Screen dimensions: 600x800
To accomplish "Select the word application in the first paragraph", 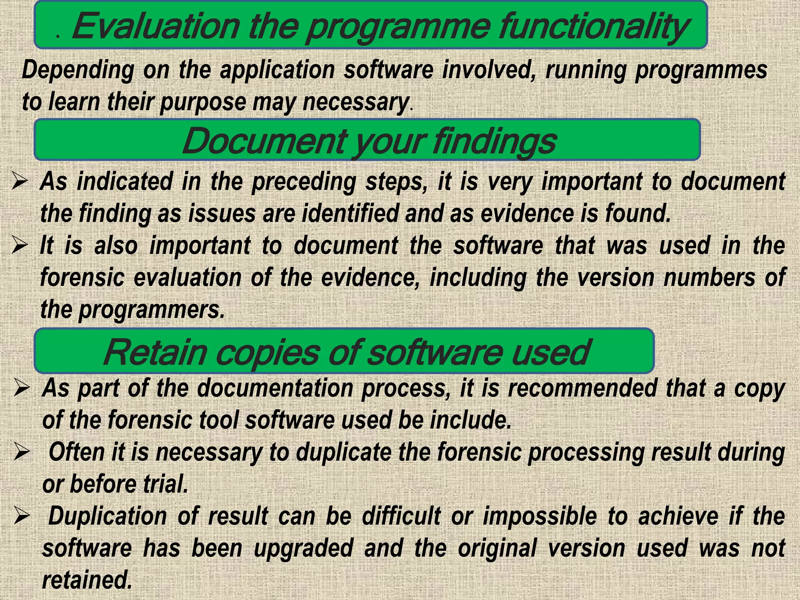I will (277, 70).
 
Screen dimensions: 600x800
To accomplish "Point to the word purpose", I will (203, 103).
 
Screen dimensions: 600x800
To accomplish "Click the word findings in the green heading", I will (494, 141).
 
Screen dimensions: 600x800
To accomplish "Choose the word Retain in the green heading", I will (155, 352).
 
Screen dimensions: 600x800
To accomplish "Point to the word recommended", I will (582, 389).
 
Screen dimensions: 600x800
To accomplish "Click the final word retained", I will (87, 580).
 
